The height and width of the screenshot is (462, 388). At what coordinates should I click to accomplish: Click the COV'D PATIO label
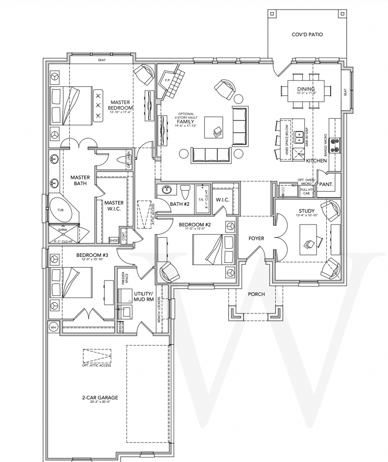307,35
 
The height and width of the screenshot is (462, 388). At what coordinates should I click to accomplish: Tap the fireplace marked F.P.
167,80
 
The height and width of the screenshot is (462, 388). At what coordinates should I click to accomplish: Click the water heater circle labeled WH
53,327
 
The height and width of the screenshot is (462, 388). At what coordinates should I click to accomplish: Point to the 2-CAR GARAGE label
100,397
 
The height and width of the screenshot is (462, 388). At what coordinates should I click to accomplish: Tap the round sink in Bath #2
166,189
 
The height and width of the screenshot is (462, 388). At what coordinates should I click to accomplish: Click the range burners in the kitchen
335,145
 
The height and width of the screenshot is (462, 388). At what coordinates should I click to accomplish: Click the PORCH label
256,294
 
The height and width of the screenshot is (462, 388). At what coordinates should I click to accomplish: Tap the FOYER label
256,238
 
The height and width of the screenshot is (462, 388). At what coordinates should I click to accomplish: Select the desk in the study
308,240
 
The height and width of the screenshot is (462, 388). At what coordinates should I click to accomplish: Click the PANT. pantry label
326,184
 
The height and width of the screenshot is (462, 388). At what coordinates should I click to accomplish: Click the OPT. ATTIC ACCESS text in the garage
96,365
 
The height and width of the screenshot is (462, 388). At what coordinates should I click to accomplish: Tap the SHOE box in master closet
114,240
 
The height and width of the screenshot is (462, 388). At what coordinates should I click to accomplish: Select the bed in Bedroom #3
72,283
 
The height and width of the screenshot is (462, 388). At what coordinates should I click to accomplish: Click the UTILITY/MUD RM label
144,296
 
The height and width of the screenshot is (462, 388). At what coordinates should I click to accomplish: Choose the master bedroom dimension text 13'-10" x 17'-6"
120,112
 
